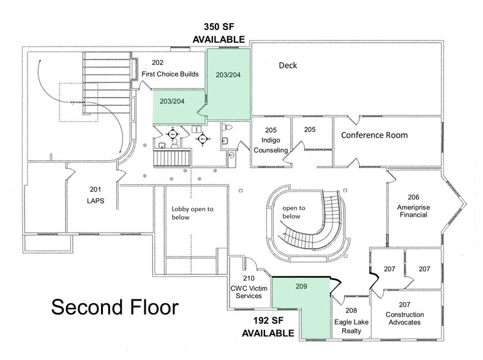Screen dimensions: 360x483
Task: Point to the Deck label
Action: point(288,65)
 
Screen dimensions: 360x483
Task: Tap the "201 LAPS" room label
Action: point(92,195)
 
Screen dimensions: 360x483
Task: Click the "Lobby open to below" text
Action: point(192,215)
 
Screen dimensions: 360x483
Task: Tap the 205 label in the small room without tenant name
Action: point(310,129)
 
